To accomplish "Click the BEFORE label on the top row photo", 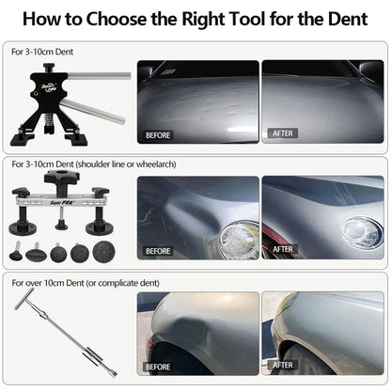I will pos(159,134).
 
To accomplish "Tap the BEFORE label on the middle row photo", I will pos(159,250).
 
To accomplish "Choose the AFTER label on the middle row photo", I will pos(283,250).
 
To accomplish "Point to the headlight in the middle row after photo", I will pos(361,230).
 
